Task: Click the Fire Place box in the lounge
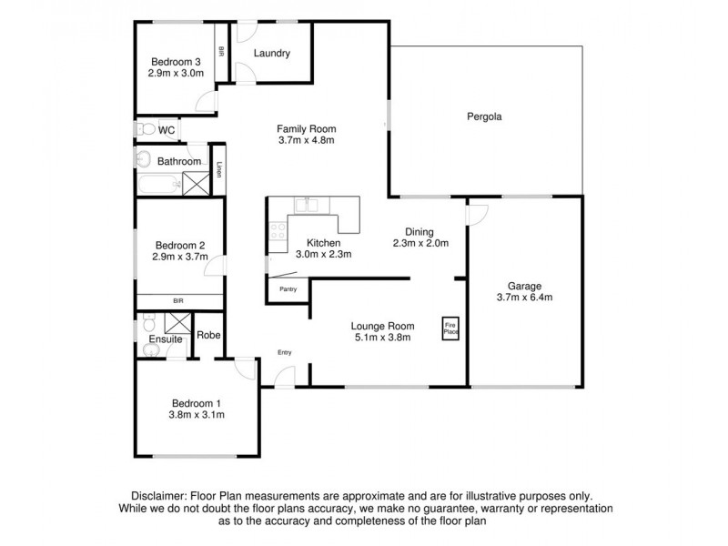pos(450,328)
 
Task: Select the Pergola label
pos(485,116)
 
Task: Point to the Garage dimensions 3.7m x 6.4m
pos(525,297)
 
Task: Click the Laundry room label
pos(272,54)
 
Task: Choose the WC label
pos(167,131)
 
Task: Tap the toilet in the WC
pos(144,131)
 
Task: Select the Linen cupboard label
pos(218,170)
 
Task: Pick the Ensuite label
pos(166,339)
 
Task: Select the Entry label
pos(285,353)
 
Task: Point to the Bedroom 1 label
pos(196,402)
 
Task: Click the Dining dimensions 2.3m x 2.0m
pos(420,243)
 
